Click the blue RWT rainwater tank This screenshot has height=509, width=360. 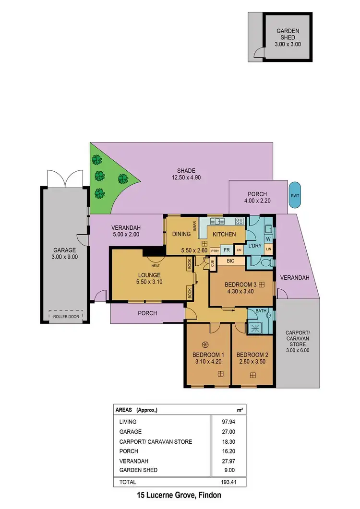295,195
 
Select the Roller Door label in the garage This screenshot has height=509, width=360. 66,316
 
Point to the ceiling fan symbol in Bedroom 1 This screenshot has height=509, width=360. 205,343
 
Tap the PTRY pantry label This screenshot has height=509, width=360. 215,250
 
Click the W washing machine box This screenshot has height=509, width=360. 268,238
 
